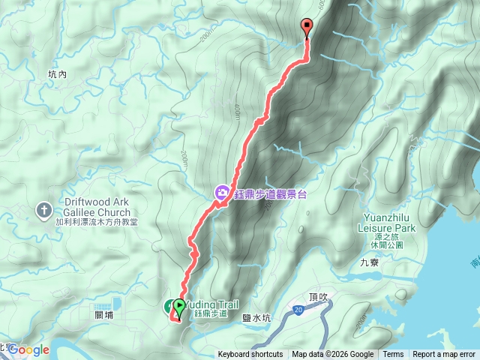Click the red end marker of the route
click(x=307, y=27)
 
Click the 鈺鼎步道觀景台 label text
click(x=271, y=193)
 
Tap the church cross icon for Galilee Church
click(x=44, y=209)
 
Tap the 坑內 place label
click(x=57, y=75)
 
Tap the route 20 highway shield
click(x=298, y=310)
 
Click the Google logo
click(x=28, y=349)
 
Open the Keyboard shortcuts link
click(x=250, y=355)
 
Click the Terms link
click(x=393, y=355)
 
